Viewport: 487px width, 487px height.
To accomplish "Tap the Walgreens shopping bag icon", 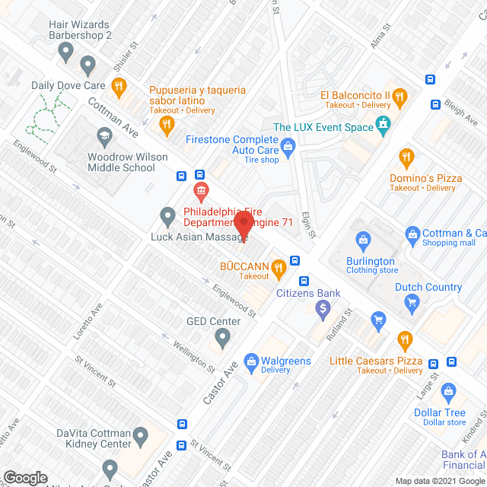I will (x=250, y=360).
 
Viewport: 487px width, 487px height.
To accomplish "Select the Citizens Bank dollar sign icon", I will (x=323, y=308).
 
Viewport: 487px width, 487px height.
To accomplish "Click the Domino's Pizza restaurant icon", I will (x=406, y=158).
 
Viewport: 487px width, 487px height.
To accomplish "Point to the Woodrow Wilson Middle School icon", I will (x=103, y=138).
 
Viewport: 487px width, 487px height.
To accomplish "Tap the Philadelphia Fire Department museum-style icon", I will (x=201, y=190).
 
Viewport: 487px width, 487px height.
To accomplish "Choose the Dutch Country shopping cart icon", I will (x=412, y=304).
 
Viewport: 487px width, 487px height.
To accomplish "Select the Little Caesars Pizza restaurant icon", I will (x=404, y=339).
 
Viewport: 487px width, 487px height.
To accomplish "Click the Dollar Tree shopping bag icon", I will (x=448, y=393).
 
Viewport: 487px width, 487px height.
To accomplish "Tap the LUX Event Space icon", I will (x=384, y=125).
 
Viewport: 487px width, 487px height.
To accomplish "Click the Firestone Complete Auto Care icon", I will (x=288, y=146).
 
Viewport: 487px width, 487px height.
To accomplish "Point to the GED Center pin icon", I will (x=222, y=336).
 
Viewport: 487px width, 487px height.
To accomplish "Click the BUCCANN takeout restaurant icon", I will (x=279, y=266).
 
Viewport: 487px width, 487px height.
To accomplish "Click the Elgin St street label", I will (x=307, y=224).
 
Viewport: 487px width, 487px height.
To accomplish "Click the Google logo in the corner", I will (x=25, y=477).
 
